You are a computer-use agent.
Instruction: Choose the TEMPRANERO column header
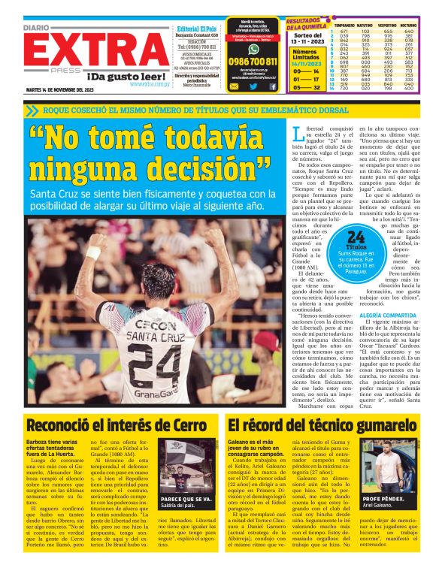tap(344, 25)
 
